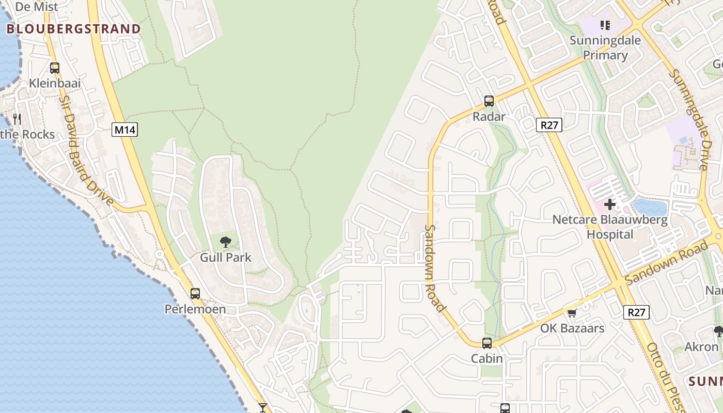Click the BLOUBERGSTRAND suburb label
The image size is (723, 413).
tap(73, 29)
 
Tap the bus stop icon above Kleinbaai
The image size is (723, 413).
tap(54, 68)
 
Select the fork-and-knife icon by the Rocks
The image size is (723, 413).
tap(17, 119)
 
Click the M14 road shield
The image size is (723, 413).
tap(124, 130)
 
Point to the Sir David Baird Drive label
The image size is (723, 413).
tap(86, 150)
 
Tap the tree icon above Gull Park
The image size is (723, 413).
tap(225, 242)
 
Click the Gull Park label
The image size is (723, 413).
tap(226, 257)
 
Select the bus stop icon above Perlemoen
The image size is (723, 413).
tap(195, 293)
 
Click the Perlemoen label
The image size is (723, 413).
tap(195, 309)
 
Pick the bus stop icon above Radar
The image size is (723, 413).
tap(489, 101)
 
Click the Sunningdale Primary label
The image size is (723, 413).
tap(605, 47)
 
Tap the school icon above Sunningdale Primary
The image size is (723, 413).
tap(605, 25)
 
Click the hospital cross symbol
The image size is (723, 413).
tap(610, 204)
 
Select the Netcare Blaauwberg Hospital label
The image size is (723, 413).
tap(610, 227)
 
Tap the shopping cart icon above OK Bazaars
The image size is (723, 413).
tap(572, 313)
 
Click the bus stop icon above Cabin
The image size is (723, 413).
tap(486, 343)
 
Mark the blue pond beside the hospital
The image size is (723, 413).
tap(650, 206)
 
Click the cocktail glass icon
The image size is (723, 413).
tap(263, 408)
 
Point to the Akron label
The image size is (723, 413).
tap(701, 347)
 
